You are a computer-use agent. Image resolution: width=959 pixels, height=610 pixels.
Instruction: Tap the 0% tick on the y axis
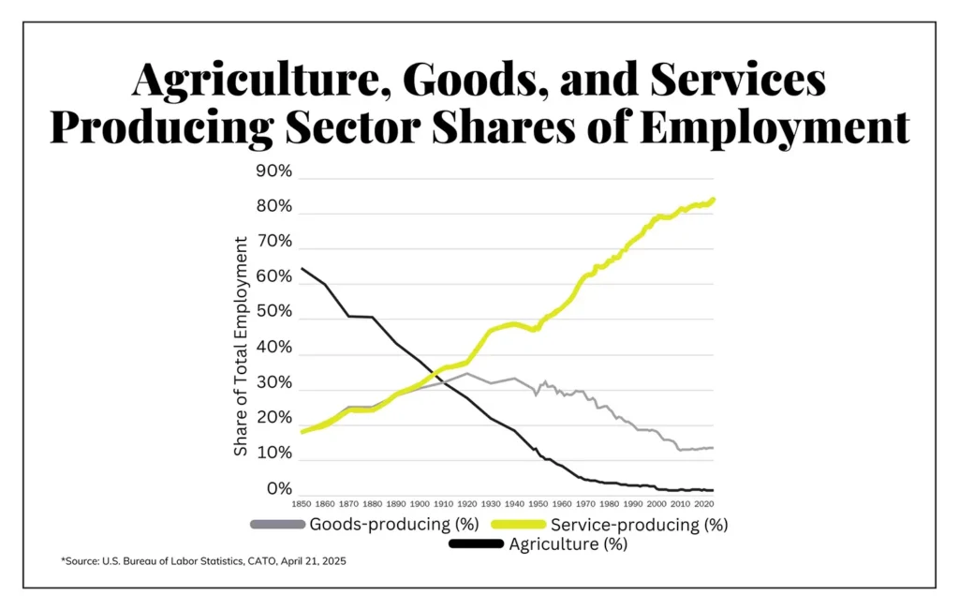click(279, 488)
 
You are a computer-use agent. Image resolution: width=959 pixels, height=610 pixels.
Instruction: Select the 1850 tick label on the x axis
click(301, 504)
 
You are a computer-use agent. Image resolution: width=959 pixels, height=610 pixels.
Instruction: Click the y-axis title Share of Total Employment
click(242, 347)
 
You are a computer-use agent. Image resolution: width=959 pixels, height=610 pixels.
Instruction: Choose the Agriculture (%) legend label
click(568, 543)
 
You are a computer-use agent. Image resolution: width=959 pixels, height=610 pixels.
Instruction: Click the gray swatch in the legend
click(277, 524)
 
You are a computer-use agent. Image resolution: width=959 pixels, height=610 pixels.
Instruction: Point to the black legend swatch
click(477, 543)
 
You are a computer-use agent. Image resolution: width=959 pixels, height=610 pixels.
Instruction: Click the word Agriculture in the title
click(258, 81)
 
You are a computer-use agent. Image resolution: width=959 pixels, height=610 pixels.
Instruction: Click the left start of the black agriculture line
click(302, 269)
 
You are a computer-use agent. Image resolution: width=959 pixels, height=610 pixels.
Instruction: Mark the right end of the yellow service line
click(715, 199)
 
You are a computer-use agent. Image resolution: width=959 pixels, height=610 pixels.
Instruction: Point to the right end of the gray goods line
click(714, 448)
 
